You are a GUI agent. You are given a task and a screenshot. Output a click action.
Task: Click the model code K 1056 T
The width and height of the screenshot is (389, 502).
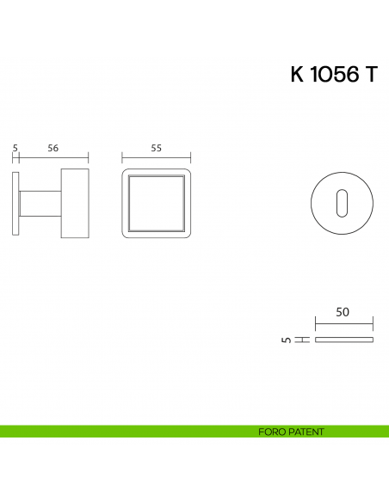click(333, 75)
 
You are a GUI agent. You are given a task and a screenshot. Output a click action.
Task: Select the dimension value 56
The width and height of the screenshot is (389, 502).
click(52, 148)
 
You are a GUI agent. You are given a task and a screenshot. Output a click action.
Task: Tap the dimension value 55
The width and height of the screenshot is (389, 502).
click(156, 148)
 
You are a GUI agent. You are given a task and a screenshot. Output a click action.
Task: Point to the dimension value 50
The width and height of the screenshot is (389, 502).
click(343, 313)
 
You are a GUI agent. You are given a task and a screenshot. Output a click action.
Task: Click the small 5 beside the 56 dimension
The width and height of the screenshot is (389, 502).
click(15, 148)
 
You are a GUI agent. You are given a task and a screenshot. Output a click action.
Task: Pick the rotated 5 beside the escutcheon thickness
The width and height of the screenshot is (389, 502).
click(286, 340)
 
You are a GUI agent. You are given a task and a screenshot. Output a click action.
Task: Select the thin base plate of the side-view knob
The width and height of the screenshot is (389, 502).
click(15, 203)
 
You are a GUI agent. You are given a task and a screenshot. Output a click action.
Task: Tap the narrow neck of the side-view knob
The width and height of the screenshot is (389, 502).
click(40, 204)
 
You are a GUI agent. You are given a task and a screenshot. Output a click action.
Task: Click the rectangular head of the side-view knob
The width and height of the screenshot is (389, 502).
click(74, 204)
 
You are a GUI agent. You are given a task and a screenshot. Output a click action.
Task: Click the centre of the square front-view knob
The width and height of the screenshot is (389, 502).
click(156, 204)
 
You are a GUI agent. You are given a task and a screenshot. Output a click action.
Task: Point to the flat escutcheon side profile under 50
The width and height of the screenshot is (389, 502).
click(343, 340)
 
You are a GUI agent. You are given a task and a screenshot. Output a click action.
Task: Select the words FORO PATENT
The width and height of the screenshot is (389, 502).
click(291, 432)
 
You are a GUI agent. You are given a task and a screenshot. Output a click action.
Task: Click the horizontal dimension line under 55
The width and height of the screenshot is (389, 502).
click(156, 158)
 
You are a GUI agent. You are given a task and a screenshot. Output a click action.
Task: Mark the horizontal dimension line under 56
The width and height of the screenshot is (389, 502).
click(53, 158)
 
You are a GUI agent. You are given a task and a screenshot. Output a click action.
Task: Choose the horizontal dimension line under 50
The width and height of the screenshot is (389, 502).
click(343, 324)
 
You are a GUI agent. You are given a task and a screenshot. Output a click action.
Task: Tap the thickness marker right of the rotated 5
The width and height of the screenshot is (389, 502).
click(302, 340)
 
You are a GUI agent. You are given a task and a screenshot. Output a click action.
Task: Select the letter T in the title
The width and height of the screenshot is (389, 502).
click(370, 75)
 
